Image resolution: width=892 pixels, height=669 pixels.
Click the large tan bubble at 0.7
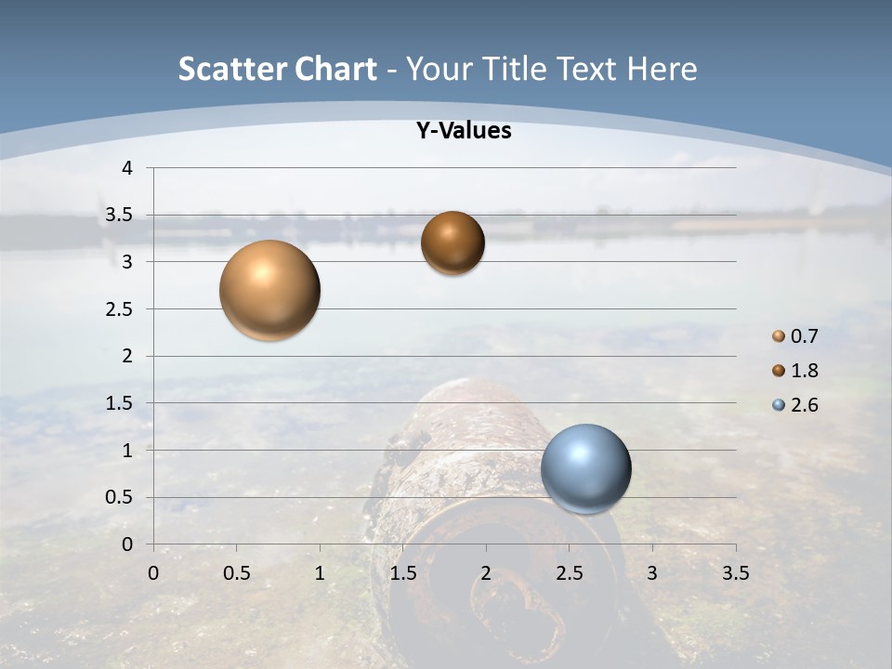270,290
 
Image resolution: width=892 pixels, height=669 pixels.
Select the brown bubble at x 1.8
453,243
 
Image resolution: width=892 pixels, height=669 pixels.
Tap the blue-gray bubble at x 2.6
585,468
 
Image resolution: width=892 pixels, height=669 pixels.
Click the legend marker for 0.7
779,336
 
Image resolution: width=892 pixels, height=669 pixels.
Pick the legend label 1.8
804,371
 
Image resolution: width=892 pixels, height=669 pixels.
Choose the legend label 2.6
804,405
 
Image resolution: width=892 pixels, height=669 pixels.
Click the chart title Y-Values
463,131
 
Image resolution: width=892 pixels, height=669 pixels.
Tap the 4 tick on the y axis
127,168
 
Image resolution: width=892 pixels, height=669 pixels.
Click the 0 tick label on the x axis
154,573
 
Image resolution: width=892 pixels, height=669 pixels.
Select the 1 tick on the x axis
320,573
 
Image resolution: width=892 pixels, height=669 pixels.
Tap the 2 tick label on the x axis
486,573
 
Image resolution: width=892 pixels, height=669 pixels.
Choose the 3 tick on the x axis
652,573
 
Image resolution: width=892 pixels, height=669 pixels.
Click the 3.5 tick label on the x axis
735,573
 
